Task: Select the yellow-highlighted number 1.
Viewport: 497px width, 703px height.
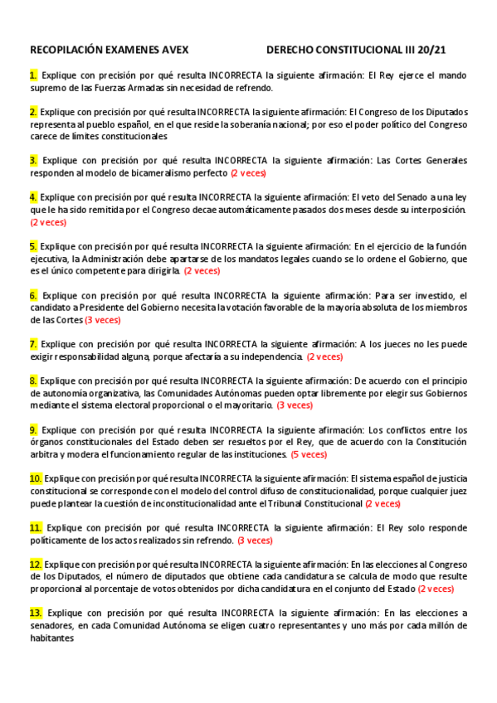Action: coord(32,75)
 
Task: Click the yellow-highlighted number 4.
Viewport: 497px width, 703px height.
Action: coord(33,197)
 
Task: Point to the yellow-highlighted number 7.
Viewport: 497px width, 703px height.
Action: coord(32,343)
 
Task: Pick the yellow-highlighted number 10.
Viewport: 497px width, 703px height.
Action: coord(36,478)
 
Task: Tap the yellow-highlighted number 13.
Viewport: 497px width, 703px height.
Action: coord(36,613)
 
